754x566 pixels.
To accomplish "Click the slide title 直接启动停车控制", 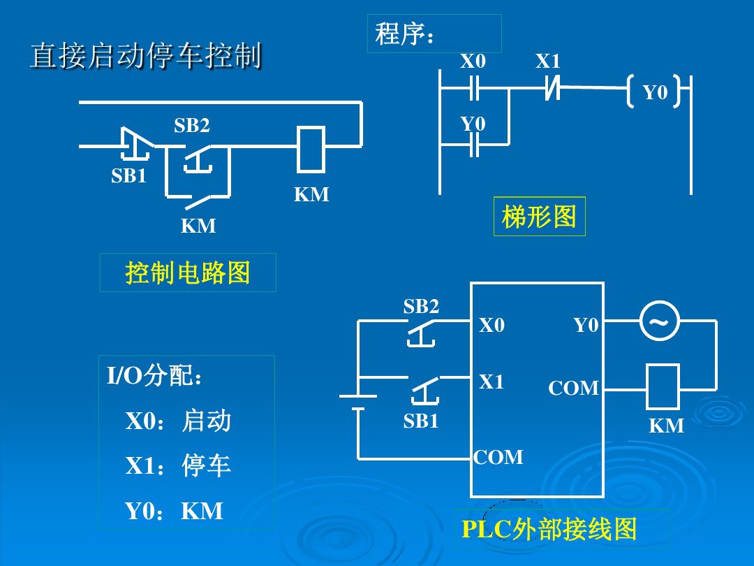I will coord(145,57).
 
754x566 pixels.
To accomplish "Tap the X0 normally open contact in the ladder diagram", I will coord(473,89).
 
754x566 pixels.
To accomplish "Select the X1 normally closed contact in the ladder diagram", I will coord(552,89).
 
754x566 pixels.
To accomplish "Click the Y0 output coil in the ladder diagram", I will coord(654,92).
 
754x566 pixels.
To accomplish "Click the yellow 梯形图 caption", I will coord(539,217).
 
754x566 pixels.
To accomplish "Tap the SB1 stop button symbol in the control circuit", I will coord(135,145).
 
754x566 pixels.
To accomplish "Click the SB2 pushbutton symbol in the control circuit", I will coord(199,157).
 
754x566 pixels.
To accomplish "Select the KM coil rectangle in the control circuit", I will coord(311,149).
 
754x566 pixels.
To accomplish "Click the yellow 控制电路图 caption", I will coord(187,273).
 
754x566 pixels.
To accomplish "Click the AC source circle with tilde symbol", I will coord(658,321).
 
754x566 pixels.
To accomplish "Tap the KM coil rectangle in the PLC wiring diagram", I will coord(662,386).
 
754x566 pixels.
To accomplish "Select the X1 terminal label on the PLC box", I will coord(491,382).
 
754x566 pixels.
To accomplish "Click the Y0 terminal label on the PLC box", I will coord(586,325).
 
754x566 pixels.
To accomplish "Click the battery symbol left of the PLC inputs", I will coord(357,402).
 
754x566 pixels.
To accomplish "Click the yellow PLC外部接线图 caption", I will coord(549,530).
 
